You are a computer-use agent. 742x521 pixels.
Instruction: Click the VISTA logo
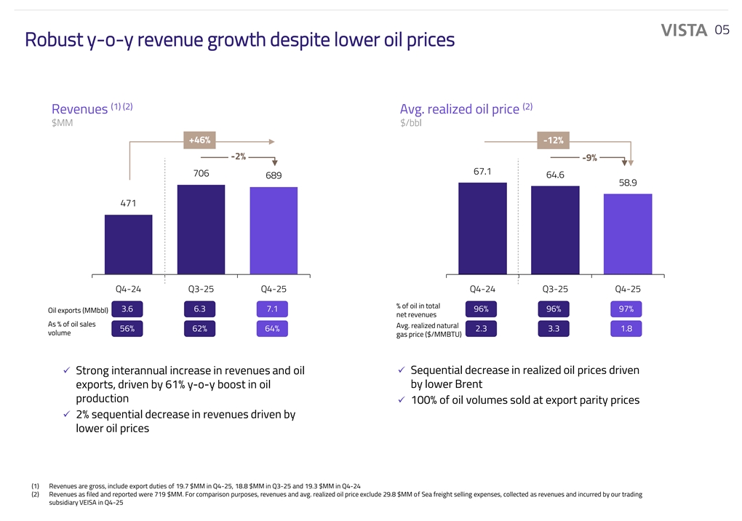tap(684, 30)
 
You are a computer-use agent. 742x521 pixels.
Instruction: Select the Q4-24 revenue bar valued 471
tap(129, 245)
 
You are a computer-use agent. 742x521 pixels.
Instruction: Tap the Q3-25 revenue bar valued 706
tap(201, 230)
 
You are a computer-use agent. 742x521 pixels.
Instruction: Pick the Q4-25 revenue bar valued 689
tap(274, 231)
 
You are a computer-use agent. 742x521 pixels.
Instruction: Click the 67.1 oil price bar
tap(483, 229)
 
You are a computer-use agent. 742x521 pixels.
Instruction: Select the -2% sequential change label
tap(238, 156)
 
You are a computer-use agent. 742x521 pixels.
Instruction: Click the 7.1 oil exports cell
tap(272, 309)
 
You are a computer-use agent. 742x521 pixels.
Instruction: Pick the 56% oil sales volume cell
tap(127, 328)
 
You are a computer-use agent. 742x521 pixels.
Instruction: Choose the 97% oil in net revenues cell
tap(626, 309)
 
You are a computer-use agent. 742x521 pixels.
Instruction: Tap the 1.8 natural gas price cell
tap(626, 328)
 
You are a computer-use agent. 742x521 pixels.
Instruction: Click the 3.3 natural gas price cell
tap(554, 328)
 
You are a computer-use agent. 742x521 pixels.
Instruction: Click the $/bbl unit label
tap(411, 122)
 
